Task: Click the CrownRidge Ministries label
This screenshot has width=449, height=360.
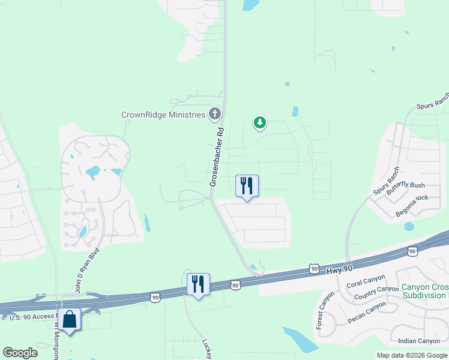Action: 164,115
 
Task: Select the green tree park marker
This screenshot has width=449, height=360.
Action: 259,123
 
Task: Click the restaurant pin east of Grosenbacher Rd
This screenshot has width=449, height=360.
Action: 247,186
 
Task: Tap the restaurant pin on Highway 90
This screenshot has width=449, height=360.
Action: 198,284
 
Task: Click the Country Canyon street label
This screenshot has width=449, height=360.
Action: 376,293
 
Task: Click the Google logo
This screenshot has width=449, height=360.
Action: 19,353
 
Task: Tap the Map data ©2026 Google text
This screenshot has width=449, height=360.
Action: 412,355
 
